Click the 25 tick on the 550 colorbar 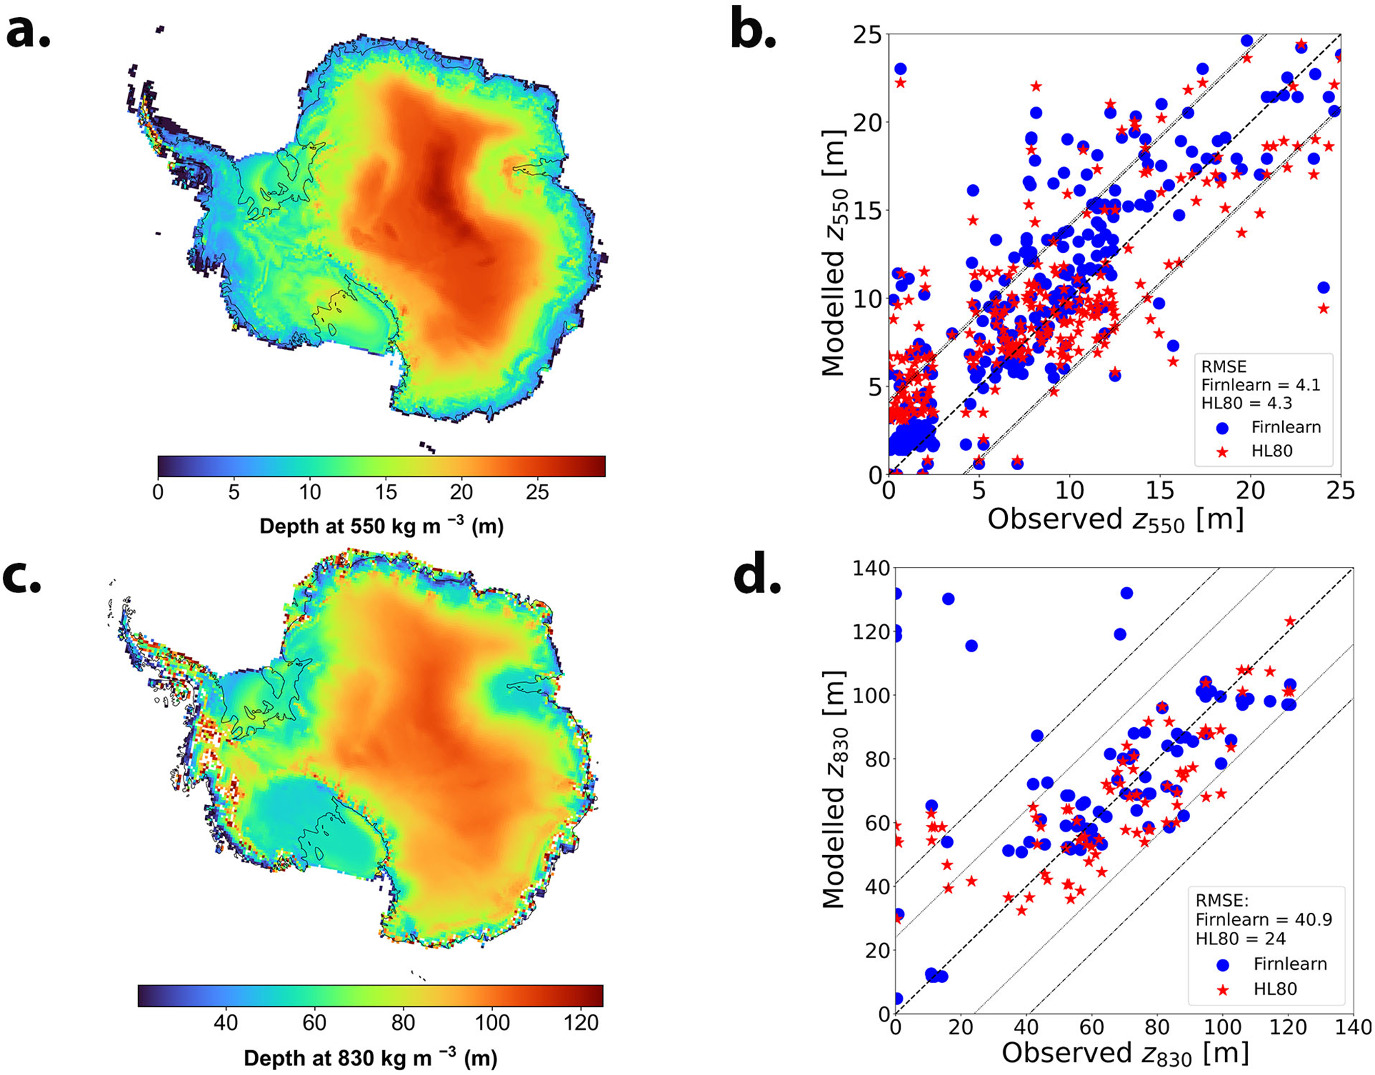[537, 491]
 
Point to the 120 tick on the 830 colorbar [581, 1023]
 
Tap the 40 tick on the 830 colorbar [225, 1023]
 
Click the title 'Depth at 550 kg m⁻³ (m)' [382, 526]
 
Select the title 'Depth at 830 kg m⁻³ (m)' [371, 1057]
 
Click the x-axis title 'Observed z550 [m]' [1115, 520]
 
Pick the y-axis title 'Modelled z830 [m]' [834, 790]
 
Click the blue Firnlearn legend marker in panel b [1222, 428]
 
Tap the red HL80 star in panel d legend [1223, 990]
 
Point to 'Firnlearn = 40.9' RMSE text [1264, 920]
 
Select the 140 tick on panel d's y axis [871, 568]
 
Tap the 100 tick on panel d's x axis [1222, 1027]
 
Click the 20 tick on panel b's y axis [868, 122]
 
